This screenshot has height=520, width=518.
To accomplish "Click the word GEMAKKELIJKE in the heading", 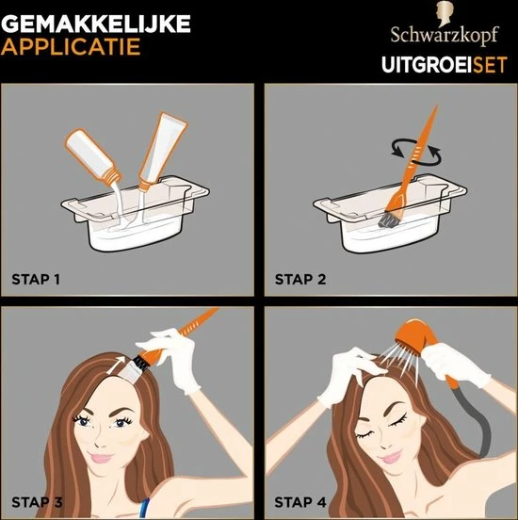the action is [x=96, y=24].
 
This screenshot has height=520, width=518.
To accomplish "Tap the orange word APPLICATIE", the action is [x=71, y=47].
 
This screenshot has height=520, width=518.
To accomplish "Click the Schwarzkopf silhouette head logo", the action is [x=445, y=13].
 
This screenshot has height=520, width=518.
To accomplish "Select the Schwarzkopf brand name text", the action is [x=445, y=36].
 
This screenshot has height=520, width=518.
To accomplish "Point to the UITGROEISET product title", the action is [x=445, y=64].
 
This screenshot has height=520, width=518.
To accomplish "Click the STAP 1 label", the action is [x=36, y=279].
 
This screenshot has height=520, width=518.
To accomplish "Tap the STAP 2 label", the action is [x=300, y=279].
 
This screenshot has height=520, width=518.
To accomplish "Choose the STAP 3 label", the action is [x=37, y=502].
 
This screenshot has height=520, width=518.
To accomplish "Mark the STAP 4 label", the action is [x=300, y=502].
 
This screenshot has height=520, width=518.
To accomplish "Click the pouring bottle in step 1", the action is [x=93, y=155].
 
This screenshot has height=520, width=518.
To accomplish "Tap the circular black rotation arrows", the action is [x=416, y=153].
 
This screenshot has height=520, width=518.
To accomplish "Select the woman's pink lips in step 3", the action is [x=101, y=459].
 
